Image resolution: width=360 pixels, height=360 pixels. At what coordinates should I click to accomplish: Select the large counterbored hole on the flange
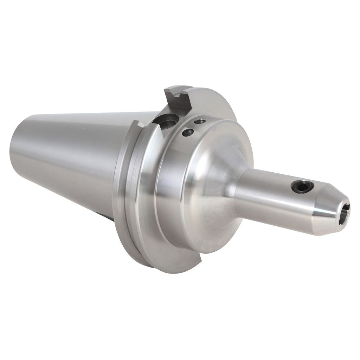pos(166,123)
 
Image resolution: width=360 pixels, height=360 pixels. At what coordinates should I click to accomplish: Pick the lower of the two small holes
pos(188,133)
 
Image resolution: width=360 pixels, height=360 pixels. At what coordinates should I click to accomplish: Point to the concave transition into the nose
pos(225,183)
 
